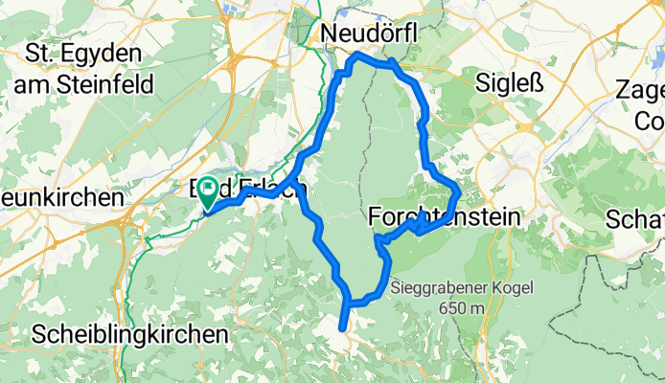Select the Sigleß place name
pos(511,84)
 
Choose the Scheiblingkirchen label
pos(130,335)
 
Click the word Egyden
pos(104,52)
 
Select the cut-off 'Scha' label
pos(636,220)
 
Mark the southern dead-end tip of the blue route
pos(342,327)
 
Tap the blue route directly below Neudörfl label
pos(361,56)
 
